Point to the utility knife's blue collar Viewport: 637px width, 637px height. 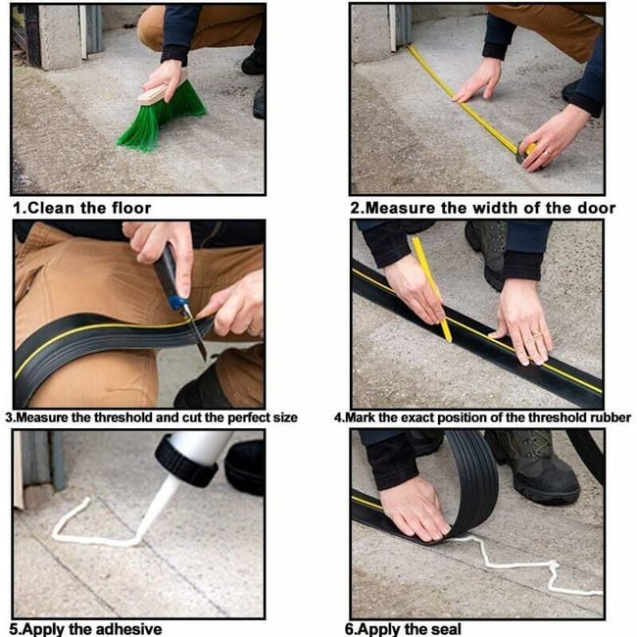click(177, 303)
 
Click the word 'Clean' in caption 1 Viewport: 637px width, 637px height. click(51, 208)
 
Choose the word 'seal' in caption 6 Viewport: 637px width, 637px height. click(446, 629)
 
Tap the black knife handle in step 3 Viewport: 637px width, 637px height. click(166, 270)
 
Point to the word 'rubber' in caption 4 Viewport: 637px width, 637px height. click(611, 417)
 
